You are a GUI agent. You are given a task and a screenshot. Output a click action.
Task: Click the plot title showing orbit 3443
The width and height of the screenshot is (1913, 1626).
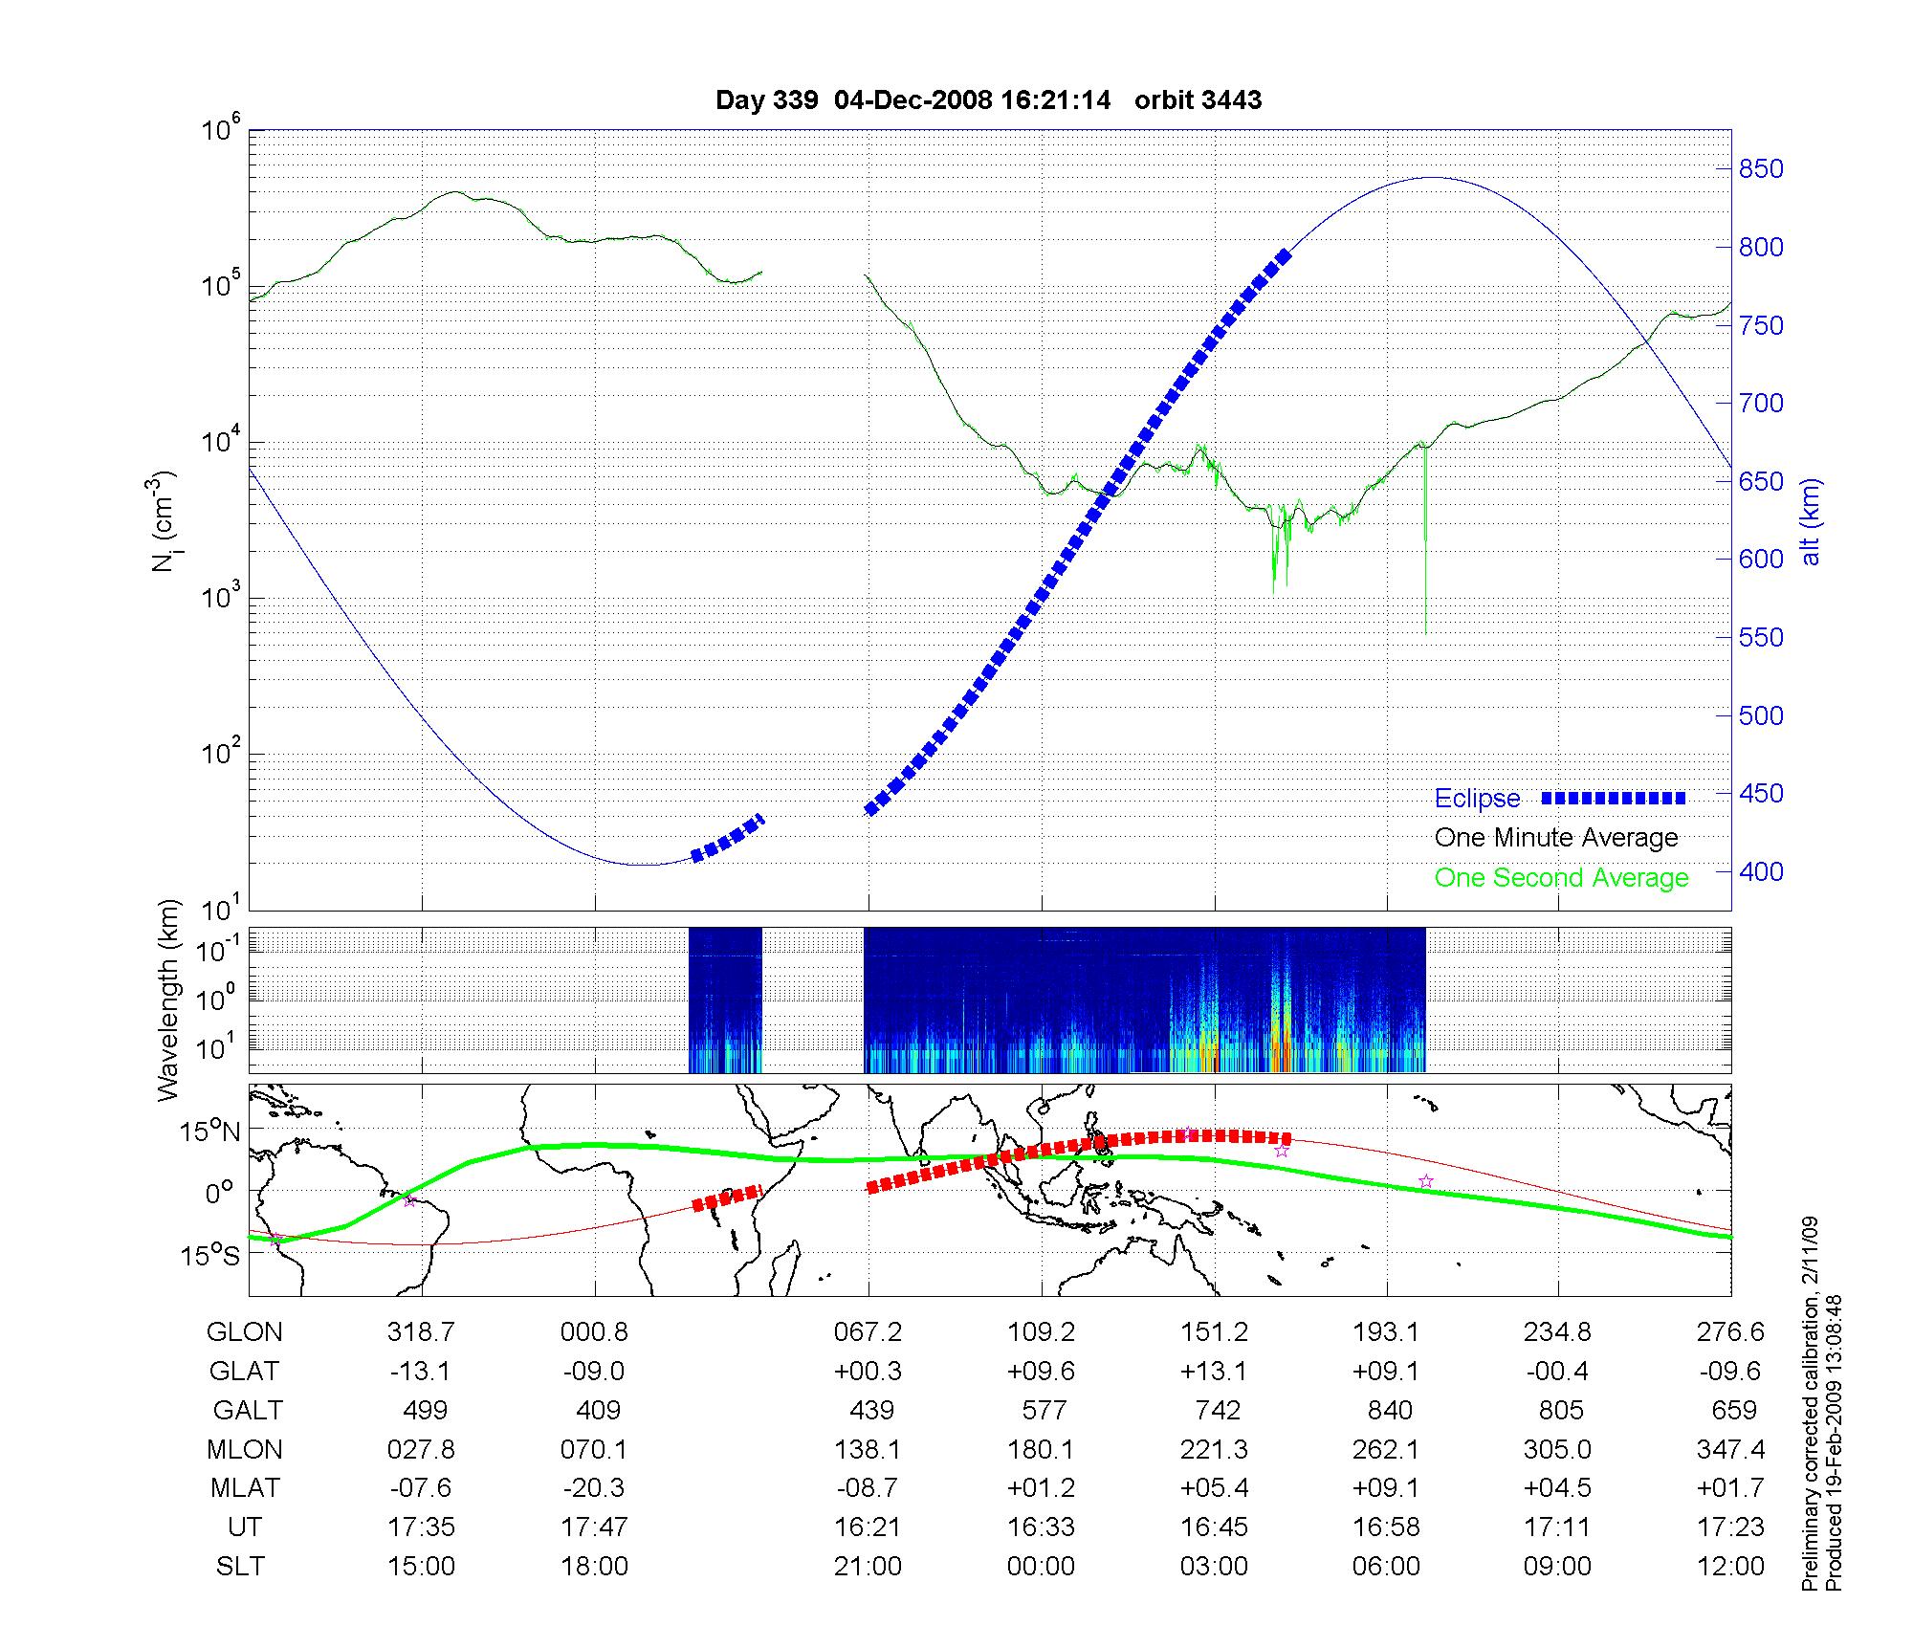coord(988,100)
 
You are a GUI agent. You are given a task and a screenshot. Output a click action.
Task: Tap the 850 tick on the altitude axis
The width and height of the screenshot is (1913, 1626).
coord(1761,169)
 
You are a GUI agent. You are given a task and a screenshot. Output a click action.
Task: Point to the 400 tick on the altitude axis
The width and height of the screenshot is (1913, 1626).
coord(1761,872)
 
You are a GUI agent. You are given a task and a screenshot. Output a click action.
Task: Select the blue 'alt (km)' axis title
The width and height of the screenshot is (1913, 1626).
coord(1811,521)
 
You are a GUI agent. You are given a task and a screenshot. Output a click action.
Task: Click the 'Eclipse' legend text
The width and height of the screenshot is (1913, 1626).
coord(1477,799)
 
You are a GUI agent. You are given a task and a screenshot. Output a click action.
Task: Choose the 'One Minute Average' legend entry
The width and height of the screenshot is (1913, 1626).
coord(1556,838)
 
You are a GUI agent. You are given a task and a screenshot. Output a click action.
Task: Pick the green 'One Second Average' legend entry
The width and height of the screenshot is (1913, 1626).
coord(1561,878)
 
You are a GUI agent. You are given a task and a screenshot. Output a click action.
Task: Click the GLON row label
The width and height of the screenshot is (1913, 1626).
coord(245,1332)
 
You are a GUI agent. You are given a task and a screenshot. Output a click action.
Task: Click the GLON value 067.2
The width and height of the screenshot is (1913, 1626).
coord(868,1332)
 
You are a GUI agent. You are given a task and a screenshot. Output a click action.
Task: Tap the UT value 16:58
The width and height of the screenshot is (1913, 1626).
coord(1386,1527)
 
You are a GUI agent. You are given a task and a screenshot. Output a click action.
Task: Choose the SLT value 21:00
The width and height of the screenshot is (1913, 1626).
coord(868,1567)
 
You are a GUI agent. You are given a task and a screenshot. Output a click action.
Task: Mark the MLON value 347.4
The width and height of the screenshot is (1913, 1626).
coord(1730,1450)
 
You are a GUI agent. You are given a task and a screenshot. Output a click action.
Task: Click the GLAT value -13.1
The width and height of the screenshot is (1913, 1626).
coord(421,1372)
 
